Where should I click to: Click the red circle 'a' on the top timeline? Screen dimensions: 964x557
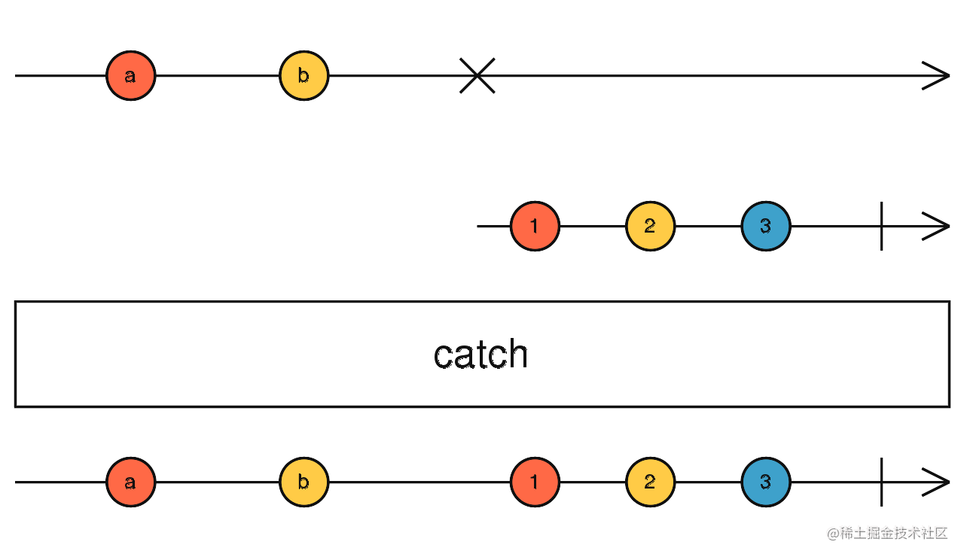point(130,76)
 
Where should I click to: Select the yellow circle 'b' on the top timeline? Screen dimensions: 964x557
point(304,76)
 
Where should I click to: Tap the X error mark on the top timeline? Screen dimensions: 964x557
point(477,76)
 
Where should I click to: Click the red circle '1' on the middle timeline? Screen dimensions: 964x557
point(535,226)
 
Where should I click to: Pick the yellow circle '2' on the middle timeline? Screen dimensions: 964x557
point(650,226)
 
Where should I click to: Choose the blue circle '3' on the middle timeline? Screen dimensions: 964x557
point(766,226)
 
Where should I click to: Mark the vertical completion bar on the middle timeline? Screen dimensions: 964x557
point(881,226)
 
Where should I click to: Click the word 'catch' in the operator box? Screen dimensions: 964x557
point(480,354)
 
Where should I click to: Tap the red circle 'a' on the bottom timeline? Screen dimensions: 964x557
point(130,482)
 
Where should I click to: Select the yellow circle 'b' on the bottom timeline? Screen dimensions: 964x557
point(304,482)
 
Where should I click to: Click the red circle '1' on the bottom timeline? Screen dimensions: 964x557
point(535,482)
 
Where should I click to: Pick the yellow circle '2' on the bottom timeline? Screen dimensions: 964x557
point(650,482)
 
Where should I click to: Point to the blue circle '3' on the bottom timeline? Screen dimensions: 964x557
point(766,482)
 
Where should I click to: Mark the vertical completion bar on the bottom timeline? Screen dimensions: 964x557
point(881,482)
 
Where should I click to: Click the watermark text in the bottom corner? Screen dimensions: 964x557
point(887,534)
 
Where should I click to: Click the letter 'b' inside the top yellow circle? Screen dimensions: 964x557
point(304,75)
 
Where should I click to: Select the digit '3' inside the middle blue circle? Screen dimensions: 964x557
point(766,226)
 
